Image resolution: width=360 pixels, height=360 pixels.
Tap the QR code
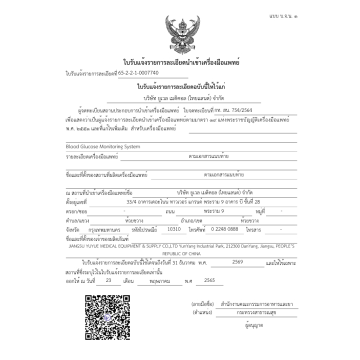107,318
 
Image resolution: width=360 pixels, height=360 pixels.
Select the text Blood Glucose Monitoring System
103,146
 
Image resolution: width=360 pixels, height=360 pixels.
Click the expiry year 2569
237,262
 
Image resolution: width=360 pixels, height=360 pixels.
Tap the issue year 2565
209,281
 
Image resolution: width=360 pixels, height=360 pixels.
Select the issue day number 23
108,281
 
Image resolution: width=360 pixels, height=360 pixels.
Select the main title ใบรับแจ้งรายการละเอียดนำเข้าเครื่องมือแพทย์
181,62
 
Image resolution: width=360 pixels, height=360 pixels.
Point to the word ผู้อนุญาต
256,324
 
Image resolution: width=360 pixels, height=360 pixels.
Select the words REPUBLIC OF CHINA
182,253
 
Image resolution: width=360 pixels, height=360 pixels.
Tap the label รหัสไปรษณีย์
144,230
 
